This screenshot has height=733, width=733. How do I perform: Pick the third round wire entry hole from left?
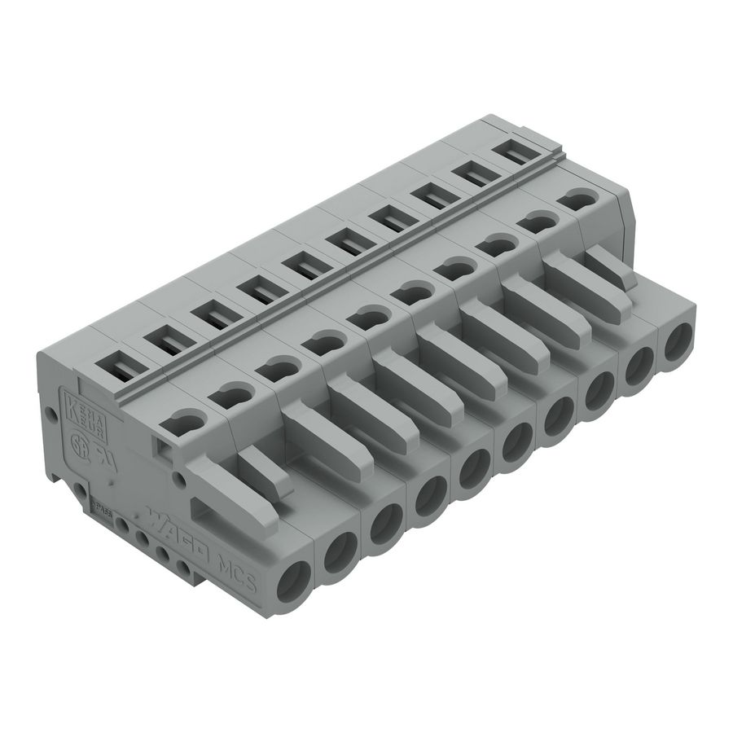[x=383, y=525]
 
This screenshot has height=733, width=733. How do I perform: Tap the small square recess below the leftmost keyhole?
[x=165, y=442]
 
